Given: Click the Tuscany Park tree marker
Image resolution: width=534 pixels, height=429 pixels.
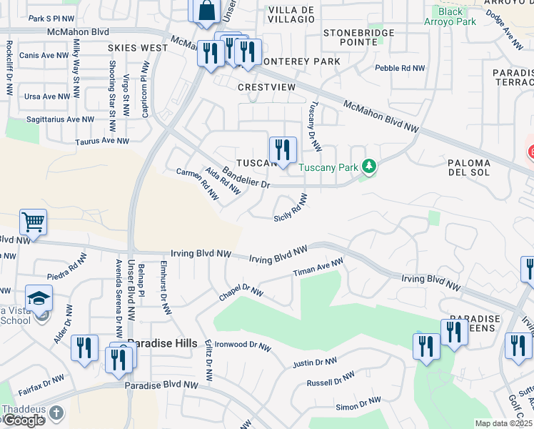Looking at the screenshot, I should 368,167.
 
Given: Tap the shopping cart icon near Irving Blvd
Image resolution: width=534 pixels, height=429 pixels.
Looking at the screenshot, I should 33,222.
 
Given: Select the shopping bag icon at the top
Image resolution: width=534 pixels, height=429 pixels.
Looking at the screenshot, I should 206,10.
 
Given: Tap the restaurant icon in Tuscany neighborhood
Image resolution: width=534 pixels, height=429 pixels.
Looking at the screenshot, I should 283,150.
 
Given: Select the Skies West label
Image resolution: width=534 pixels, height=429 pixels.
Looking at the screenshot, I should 138,48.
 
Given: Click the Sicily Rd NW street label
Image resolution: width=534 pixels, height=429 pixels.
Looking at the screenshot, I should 291,207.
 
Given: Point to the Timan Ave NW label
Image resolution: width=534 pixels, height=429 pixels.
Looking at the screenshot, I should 318,269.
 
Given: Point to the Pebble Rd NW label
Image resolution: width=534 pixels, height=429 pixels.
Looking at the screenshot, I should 400,69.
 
